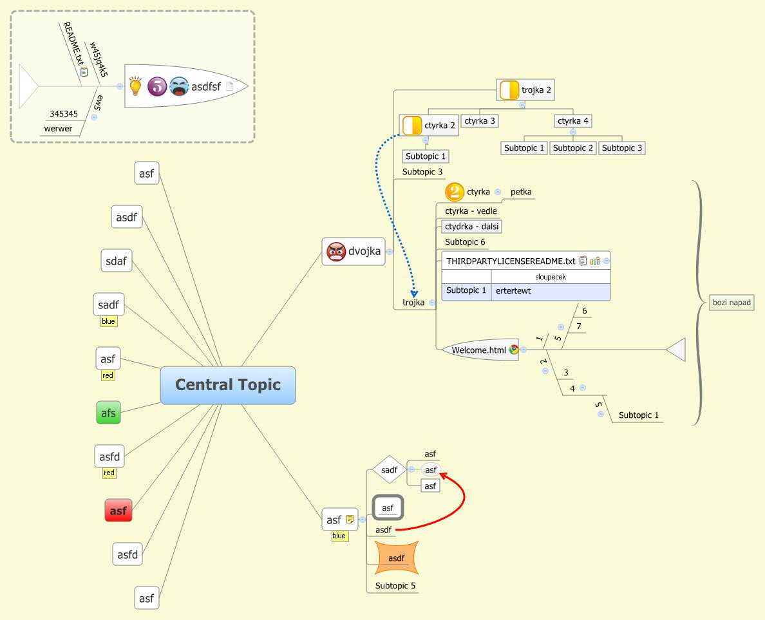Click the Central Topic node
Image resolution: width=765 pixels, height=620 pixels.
tap(228, 385)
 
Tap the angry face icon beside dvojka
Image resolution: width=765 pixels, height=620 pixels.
tap(336, 252)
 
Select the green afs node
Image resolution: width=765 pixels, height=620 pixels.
tap(109, 413)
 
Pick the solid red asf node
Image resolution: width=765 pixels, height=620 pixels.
tap(118, 511)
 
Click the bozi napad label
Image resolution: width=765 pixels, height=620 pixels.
tap(732, 302)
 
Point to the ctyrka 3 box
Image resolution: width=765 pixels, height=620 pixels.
tap(480, 120)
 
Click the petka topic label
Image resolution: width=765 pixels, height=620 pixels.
tap(521, 192)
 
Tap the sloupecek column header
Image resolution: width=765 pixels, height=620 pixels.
tap(550, 277)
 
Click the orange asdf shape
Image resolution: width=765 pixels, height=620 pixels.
tap(397, 558)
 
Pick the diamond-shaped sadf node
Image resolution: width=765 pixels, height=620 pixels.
tap(389, 470)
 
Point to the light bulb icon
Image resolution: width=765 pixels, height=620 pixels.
tap(135, 86)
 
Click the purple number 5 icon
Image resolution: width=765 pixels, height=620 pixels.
tap(157, 86)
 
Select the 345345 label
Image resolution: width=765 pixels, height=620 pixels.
tap(64, 114)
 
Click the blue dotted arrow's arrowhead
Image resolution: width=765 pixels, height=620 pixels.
tap(415, 294)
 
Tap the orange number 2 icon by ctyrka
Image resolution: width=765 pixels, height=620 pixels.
tap(455, 192)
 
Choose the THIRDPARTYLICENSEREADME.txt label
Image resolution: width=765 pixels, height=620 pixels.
tap(510, 261)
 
